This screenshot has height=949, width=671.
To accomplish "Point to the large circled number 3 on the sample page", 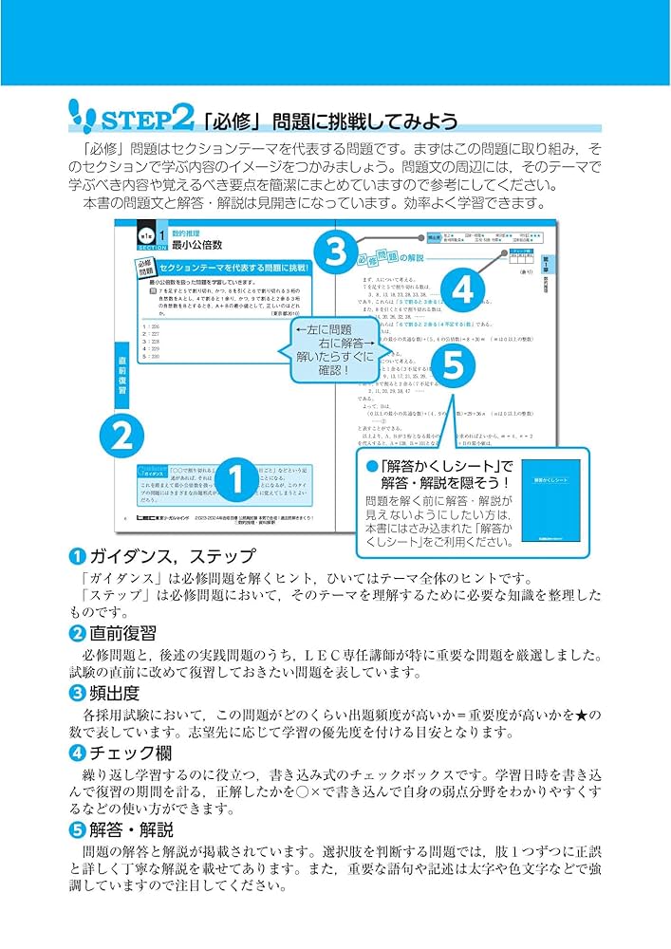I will (x=335, y=253).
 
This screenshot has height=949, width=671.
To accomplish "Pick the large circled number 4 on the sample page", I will (x=462, y=290).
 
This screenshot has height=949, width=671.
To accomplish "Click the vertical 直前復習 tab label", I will (x=122, y=376).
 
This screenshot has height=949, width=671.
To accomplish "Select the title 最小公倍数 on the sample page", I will (x=198, y=244).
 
